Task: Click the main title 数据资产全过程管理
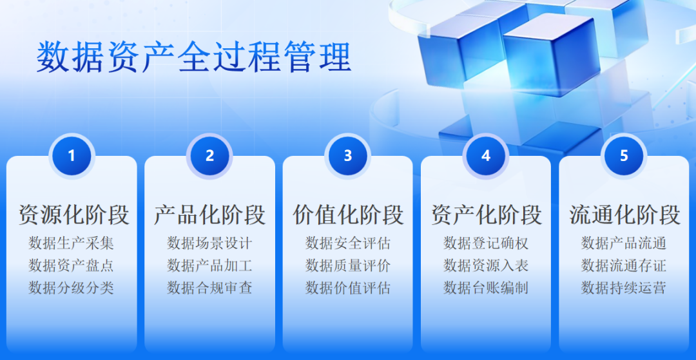pos(193,57)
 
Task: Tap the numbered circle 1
pos(72,156)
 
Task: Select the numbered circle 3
pos(348,156)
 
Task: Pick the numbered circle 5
pos(624,156)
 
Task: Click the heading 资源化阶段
pos(73,215)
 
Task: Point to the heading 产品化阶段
pos(209,215)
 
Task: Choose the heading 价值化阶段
pos(348,215)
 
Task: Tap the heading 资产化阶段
pos(486,215)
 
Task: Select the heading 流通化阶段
pos(624,215)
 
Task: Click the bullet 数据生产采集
pos(72,243)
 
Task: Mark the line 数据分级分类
pos(72,287)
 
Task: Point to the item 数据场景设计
pos(209,243)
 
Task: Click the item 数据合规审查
pos(209,287)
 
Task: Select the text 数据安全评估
pos(348,243)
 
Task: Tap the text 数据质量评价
pos(348,265)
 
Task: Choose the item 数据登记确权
pos(486,243)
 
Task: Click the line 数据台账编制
pos(486,287)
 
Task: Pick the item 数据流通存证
pos(624,265)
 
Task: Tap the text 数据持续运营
pos(624,287)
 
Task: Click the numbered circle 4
pos(486,156)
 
